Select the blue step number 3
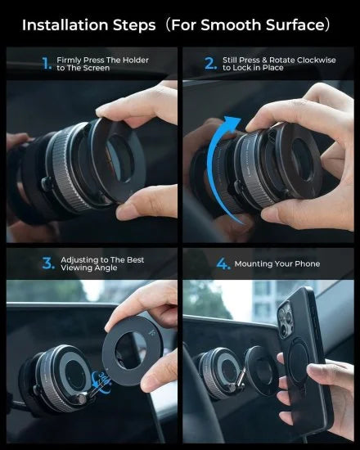coord(47,263)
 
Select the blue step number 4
coord(222,263)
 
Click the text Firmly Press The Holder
coord(101,60)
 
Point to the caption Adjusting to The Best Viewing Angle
coord(101,263)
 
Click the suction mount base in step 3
coord(61,380)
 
